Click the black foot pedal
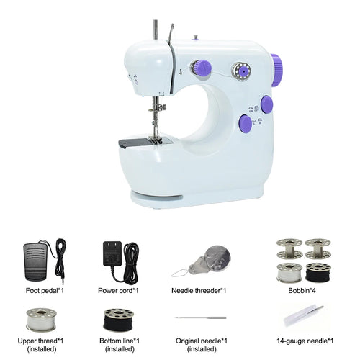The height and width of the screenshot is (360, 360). tap(36, 261)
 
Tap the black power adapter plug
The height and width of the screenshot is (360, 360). tap(112, 254)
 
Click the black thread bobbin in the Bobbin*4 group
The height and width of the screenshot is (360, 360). tap(318, 272)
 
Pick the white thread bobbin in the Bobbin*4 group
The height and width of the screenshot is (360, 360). tap(289, 273)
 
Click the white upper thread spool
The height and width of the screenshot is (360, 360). tap(41, 320)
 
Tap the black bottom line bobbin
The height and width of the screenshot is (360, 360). tap(119, 320)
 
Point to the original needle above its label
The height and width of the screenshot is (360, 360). tap(200, 318)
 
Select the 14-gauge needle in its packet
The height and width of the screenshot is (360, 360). tap(304, 315)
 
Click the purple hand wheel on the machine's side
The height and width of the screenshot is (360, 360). tap(276, 70)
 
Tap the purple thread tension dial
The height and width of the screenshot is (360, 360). tap(203, 68)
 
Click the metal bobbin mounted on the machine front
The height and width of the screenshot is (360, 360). tap(241, 71)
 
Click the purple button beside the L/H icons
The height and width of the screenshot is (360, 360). tap(246, 124)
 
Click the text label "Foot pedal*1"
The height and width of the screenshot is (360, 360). tap(45, 291)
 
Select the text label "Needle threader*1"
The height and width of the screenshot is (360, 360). tap(199, 291)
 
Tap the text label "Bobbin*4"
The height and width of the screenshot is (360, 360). tap(302, 291)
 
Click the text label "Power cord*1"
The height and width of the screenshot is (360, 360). tap(118, 291)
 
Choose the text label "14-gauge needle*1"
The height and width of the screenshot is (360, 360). tap(305, 341)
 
